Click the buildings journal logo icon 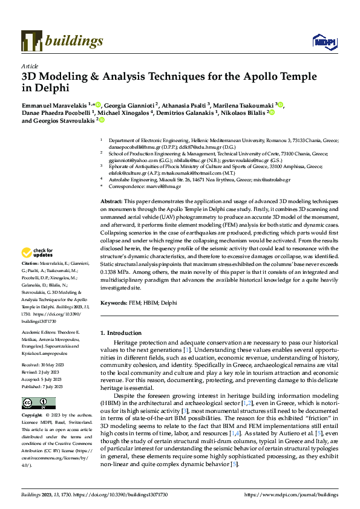click(31, 41)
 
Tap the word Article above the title click(30, 66)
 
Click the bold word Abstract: click(111, 183)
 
